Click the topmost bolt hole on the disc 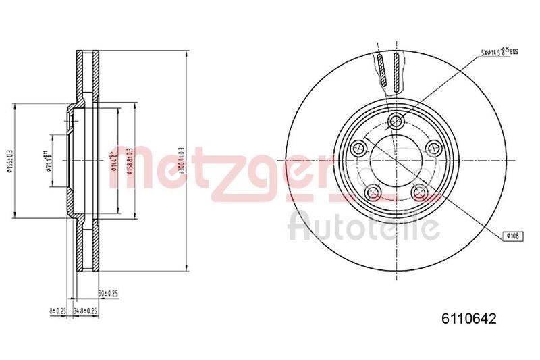396,122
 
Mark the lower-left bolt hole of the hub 372,194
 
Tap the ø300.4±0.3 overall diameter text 181,160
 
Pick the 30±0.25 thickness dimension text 109,294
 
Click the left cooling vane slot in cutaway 383,72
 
